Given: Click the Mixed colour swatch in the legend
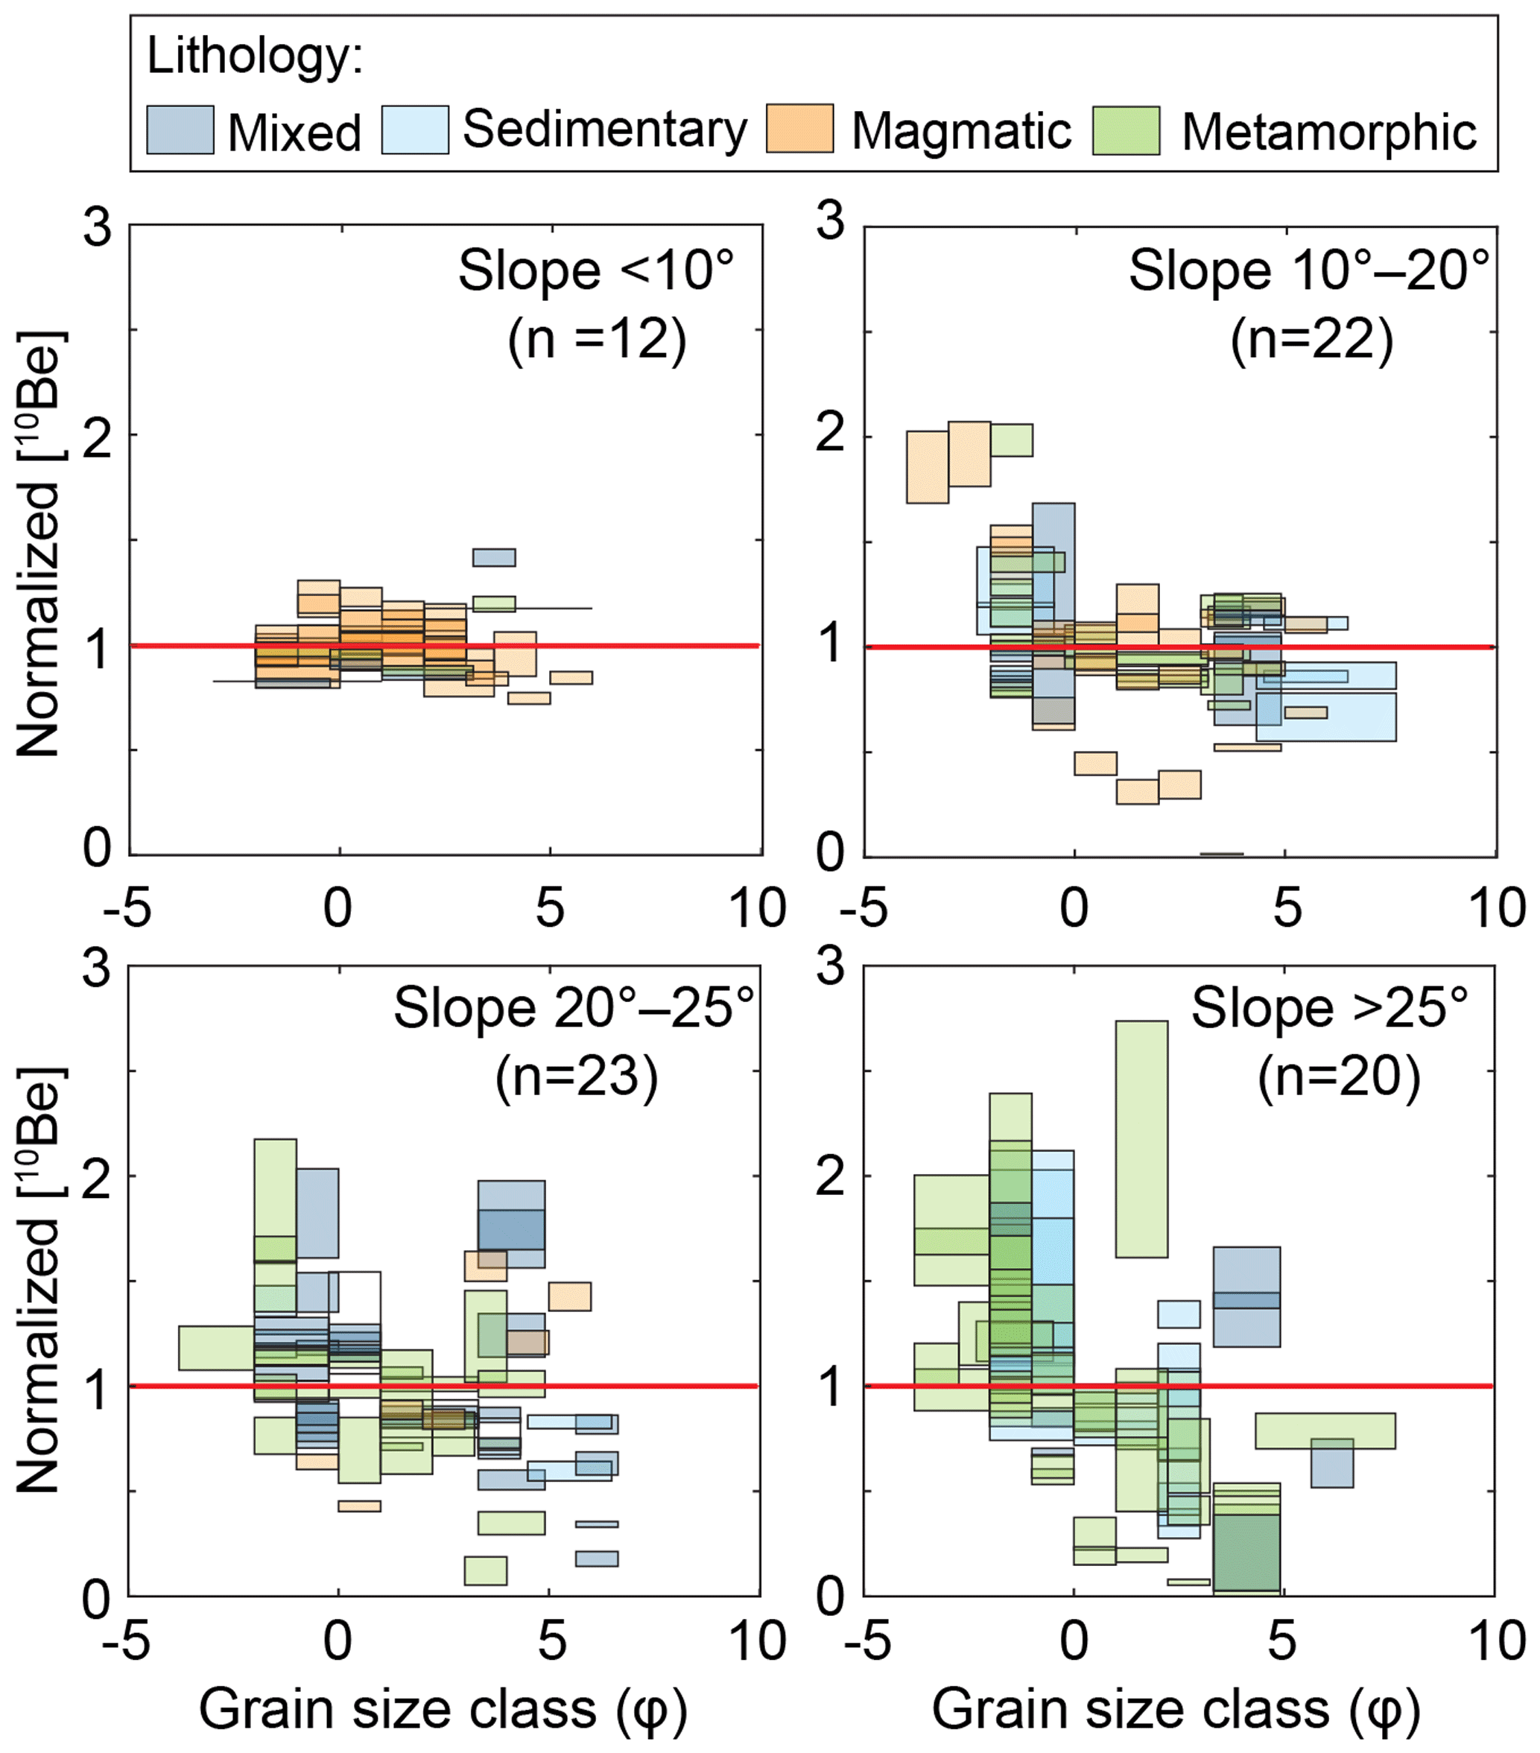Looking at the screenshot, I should coord(180,130).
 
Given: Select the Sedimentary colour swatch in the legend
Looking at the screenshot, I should coord(415,130).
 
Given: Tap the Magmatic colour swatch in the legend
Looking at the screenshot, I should coord(799,129).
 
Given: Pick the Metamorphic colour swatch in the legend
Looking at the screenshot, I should coord(1126,130).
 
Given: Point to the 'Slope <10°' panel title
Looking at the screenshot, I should coord(596,271).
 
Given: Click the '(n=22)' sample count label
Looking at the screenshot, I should coord(1312,340).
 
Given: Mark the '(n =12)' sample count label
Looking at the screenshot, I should coord(597,340).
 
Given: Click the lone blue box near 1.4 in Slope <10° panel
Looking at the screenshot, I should coord(494,557).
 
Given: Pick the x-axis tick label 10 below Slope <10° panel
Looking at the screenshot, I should coord(757,907).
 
